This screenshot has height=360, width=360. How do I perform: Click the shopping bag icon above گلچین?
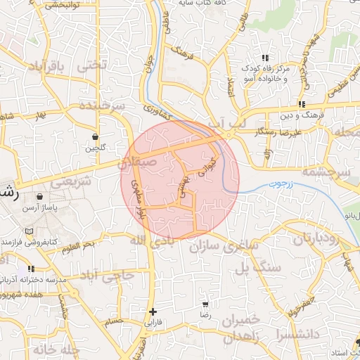(x=96, y=136)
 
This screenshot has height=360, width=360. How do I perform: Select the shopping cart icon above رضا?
(x=205, y=305)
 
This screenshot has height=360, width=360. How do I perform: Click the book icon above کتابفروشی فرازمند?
(x=29, y=231)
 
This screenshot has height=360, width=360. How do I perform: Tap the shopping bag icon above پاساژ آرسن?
(x=38, y=196)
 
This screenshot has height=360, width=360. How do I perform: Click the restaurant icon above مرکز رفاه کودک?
(x=264, y=58)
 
